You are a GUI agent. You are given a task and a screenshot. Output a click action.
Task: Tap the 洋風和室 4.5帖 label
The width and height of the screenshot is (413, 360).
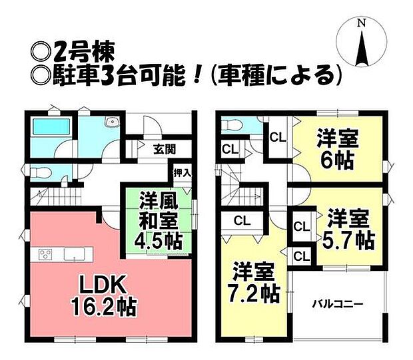[161, 219]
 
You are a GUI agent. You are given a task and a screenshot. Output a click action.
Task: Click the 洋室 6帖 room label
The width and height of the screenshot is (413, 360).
[339, 150]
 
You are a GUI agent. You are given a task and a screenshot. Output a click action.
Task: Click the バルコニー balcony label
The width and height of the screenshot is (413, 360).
[338, 304]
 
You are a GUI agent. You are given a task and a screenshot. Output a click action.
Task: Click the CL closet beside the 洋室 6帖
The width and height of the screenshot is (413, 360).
[277, 138]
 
